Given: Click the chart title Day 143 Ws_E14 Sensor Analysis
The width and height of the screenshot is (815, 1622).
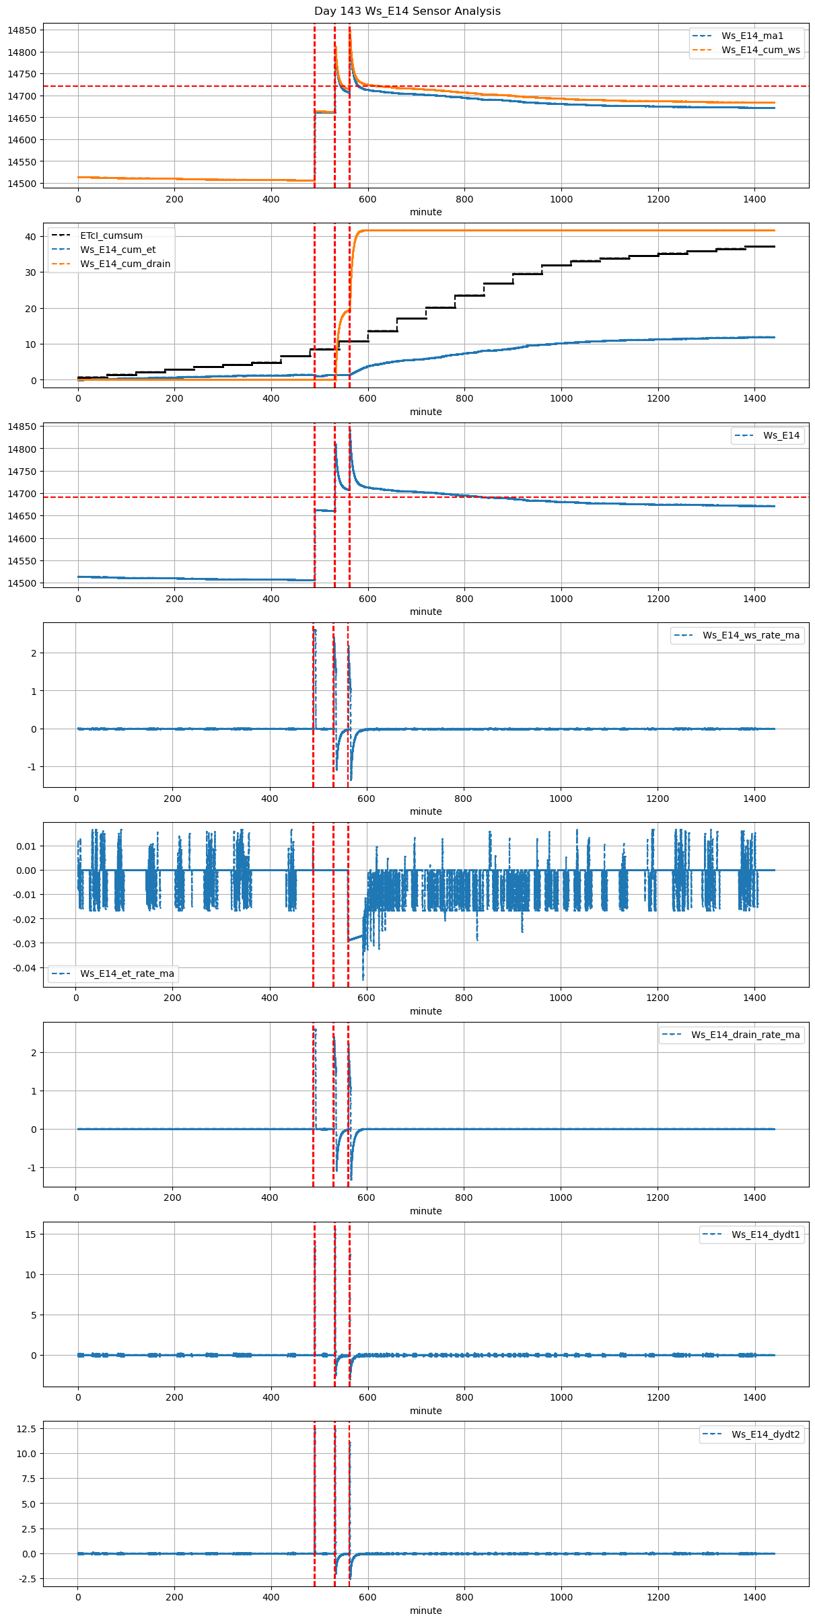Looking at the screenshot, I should [407, 11].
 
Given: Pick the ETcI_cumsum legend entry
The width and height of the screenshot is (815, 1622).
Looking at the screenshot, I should [111, 235].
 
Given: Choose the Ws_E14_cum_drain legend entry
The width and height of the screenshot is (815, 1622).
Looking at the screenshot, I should [125, 264].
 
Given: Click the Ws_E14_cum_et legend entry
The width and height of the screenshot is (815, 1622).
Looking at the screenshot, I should [118, 250].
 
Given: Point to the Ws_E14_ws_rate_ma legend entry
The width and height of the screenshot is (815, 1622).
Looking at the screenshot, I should [751, 635].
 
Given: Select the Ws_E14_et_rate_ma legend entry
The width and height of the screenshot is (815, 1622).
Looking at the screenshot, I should [127, 973].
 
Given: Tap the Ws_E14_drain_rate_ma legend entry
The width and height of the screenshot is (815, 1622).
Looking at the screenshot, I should [745, 1035].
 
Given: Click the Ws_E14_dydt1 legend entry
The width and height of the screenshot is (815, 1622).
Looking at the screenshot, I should [766, 1234].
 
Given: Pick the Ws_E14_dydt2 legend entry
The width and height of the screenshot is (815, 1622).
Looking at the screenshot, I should [766, 1434].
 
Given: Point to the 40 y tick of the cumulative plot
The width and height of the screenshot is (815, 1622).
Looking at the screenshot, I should [30, 237].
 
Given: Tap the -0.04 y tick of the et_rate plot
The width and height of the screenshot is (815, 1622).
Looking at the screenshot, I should [24, 968].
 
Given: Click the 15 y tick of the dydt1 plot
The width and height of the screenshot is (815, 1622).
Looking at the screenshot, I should [30, 1234].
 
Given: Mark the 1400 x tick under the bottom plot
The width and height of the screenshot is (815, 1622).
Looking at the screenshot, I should [754, 1597].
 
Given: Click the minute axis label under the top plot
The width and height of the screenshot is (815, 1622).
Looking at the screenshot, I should [425, 212].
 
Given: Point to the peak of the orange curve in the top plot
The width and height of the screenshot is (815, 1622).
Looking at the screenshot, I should [350, 28].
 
